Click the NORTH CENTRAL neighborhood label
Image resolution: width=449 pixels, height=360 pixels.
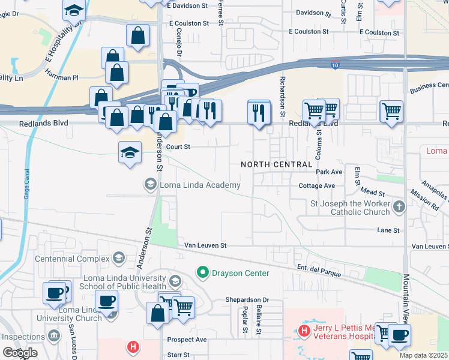(x=277, y=164)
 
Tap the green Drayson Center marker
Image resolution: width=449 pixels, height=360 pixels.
(x=203, y=273)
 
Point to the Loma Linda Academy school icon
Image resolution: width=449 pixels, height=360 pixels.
(x=149, y=185)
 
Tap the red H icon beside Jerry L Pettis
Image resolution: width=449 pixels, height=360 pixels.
(x=304, y=331)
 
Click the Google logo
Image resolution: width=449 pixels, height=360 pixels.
(x=20, y=353)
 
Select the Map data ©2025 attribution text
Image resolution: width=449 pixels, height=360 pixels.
(x=424, y=355)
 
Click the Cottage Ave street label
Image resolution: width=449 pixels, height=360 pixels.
(x=317, y=186)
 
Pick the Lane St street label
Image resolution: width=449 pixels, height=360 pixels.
(x=388, y=230)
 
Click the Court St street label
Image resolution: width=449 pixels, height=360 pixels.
(x=178, y=146)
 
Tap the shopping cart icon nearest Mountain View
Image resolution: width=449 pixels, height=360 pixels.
(x=391, y=110)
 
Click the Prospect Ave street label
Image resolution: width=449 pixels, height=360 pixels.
(x=187, y=340)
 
